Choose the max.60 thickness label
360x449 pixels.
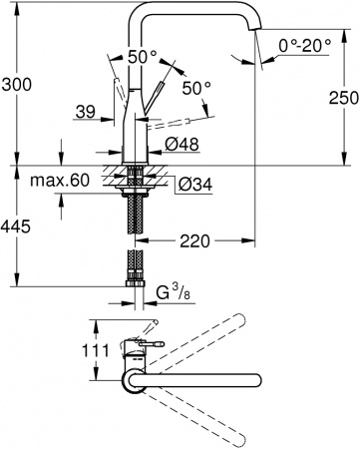[x=89, y=182]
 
